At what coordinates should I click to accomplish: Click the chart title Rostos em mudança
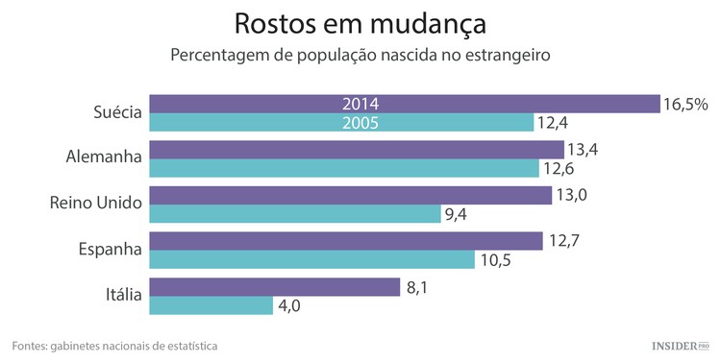[360, 22]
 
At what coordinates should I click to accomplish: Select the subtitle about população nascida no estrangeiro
[360, 55]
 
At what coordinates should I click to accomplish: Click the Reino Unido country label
[95, 203]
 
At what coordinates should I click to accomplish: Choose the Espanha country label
[109, 250]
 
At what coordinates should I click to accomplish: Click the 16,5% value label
[685, 104]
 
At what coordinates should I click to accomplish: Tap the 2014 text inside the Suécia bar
[360, 104]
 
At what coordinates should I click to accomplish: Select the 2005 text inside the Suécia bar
[360, 122]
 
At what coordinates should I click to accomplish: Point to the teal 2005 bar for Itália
[212, 305]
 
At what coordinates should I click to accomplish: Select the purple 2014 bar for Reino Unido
[351, 194]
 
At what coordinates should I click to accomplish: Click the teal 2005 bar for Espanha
[313, 260]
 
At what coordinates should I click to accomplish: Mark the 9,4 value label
[455, 214]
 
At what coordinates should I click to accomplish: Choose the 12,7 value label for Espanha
[564, 240]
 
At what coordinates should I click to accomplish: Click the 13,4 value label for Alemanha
[583, 149]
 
